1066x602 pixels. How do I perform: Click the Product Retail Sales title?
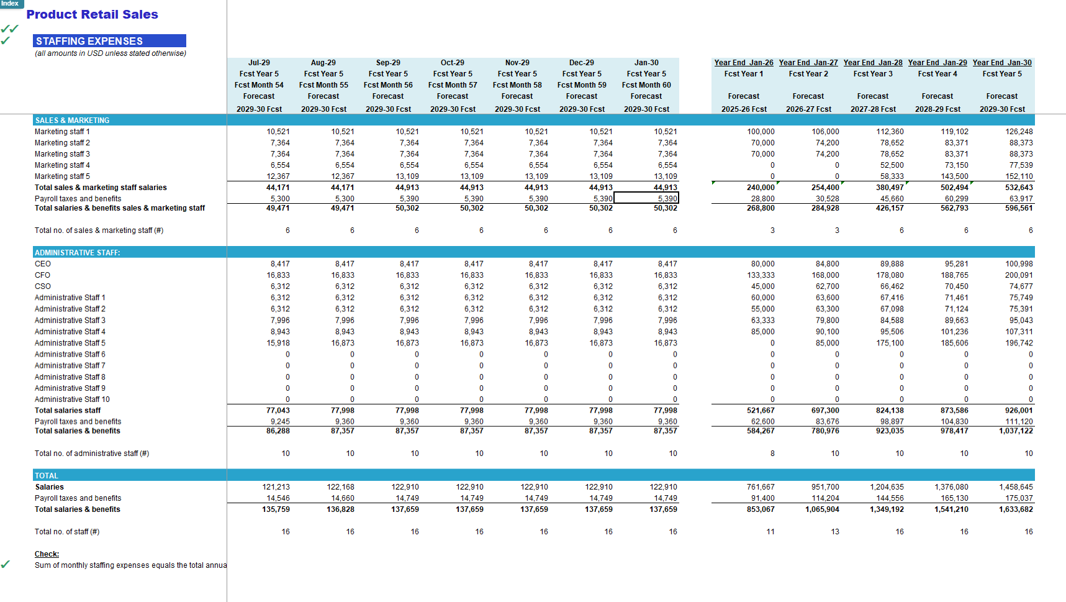coord(92,14)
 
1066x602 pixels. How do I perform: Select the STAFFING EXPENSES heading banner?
coord(109,41)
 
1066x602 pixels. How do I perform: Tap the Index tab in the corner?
coord(11,4)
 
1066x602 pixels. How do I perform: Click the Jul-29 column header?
coord(259,63)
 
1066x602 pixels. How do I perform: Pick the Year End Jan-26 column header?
coord(744,63)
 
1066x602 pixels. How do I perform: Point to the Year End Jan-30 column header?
coord(1002,63)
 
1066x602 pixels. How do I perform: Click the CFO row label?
coord(43,275)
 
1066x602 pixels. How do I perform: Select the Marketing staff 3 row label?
coord(62,154)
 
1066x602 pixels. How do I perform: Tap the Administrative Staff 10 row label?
coord(72,399)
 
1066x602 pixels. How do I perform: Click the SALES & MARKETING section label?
coord(72,121)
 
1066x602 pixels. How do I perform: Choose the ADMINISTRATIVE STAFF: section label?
coord(78,253)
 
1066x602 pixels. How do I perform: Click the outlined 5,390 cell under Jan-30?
coord(646,198)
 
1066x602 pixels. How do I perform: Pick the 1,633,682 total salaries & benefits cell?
coord(1016,509)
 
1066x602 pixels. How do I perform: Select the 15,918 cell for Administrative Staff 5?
coord(278,343)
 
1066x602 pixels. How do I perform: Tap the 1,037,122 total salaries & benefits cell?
coord(1016,431)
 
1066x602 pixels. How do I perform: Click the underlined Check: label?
coord(47,554)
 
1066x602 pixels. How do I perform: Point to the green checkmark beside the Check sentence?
coord(6,564)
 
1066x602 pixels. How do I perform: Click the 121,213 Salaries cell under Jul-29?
coord(276,487)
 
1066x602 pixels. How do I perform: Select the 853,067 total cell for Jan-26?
coord(761,509)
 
